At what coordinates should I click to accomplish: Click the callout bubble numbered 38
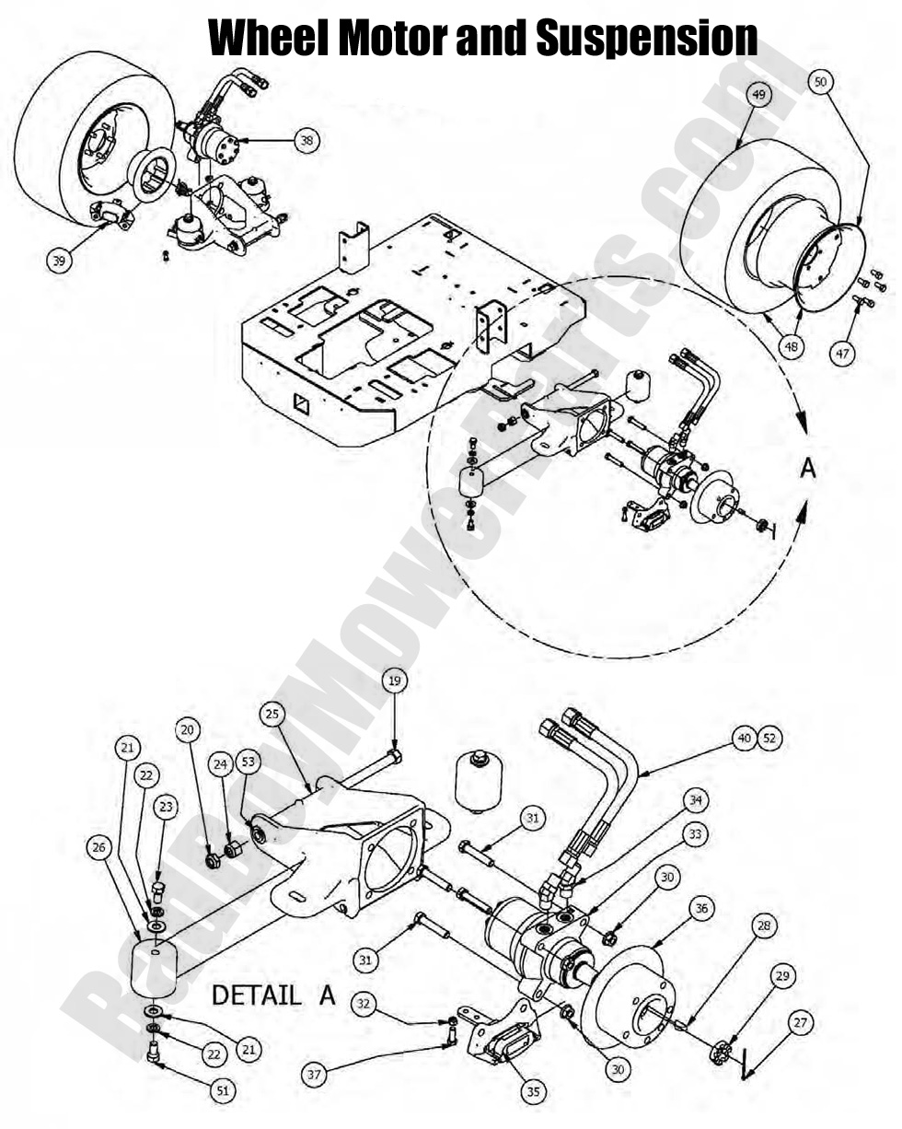point(306,140)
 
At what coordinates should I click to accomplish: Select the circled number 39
point(59,261)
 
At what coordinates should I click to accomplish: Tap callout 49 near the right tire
point(757,94)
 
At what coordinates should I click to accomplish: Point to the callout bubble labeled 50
point(821,82)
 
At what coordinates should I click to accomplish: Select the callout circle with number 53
point(247,762)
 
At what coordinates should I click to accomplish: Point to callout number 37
point(316,1074)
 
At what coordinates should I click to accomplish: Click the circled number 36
point(702,909)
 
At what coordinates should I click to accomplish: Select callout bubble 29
point(781,975)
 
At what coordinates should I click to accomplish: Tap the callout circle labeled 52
point(769,739)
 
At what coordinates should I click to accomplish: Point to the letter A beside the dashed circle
point(808,468)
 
